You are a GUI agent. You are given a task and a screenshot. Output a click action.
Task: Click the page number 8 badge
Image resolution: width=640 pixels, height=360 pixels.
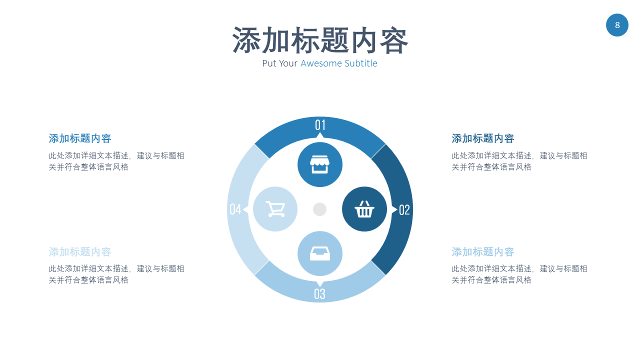click(x=617, y=25)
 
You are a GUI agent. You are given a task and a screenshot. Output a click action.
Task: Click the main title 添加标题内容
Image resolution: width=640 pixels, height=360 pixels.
click(x=320, y=40)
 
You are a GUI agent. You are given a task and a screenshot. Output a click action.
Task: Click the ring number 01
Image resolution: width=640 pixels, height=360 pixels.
click(x=320, y=125)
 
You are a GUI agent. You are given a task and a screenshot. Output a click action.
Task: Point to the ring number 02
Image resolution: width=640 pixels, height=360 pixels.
click(x=404, y=210)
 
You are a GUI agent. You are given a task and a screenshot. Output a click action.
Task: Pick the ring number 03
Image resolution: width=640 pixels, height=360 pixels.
click(x=319, y=294)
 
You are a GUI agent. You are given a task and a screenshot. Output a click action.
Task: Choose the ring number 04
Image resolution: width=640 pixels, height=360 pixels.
click(x=235, y=209)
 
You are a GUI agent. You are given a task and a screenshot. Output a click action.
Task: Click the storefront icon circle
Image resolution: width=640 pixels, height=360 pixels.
click(x=320, y=164)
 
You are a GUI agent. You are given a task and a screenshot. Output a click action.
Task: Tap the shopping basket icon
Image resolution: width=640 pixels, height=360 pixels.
click(x=364, y=209)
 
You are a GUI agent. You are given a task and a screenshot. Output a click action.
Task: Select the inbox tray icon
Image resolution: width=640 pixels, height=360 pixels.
click(x=320, y=253)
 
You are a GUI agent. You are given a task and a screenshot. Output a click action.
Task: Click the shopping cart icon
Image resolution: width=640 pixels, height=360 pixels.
click(x=275, y=209)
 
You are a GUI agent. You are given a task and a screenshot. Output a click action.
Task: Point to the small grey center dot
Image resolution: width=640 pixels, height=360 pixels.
click(x=320, y=209)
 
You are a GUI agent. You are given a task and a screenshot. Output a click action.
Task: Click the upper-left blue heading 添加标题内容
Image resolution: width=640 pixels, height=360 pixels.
click(x=80, y=138)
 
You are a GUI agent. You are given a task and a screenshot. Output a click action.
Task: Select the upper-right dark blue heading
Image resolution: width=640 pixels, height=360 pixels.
click(x=483, y=138)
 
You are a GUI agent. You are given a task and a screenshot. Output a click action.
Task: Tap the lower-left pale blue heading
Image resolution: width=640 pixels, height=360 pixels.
click(x=80, y=252)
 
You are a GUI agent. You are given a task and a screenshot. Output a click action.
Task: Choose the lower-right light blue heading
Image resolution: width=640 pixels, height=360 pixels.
click(x=483, y=252)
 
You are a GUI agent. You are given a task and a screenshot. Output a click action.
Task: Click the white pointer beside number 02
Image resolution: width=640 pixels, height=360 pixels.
click(x=394, y=209)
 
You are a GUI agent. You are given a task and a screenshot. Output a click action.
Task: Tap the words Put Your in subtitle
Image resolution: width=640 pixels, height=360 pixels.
click(x=280, y=63)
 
